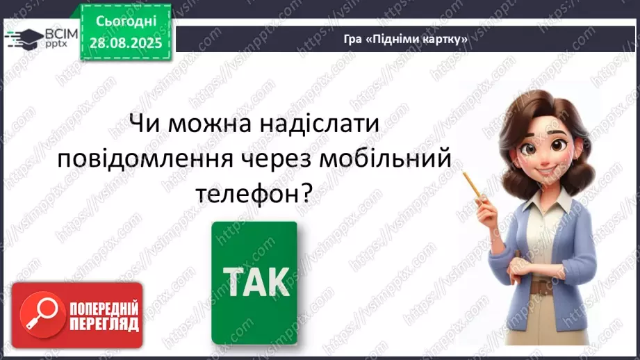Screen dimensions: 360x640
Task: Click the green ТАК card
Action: (x=254, y=284)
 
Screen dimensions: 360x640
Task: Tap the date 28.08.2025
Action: (x=126, y=42)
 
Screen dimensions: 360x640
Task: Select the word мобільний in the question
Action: (x=388, y=161)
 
